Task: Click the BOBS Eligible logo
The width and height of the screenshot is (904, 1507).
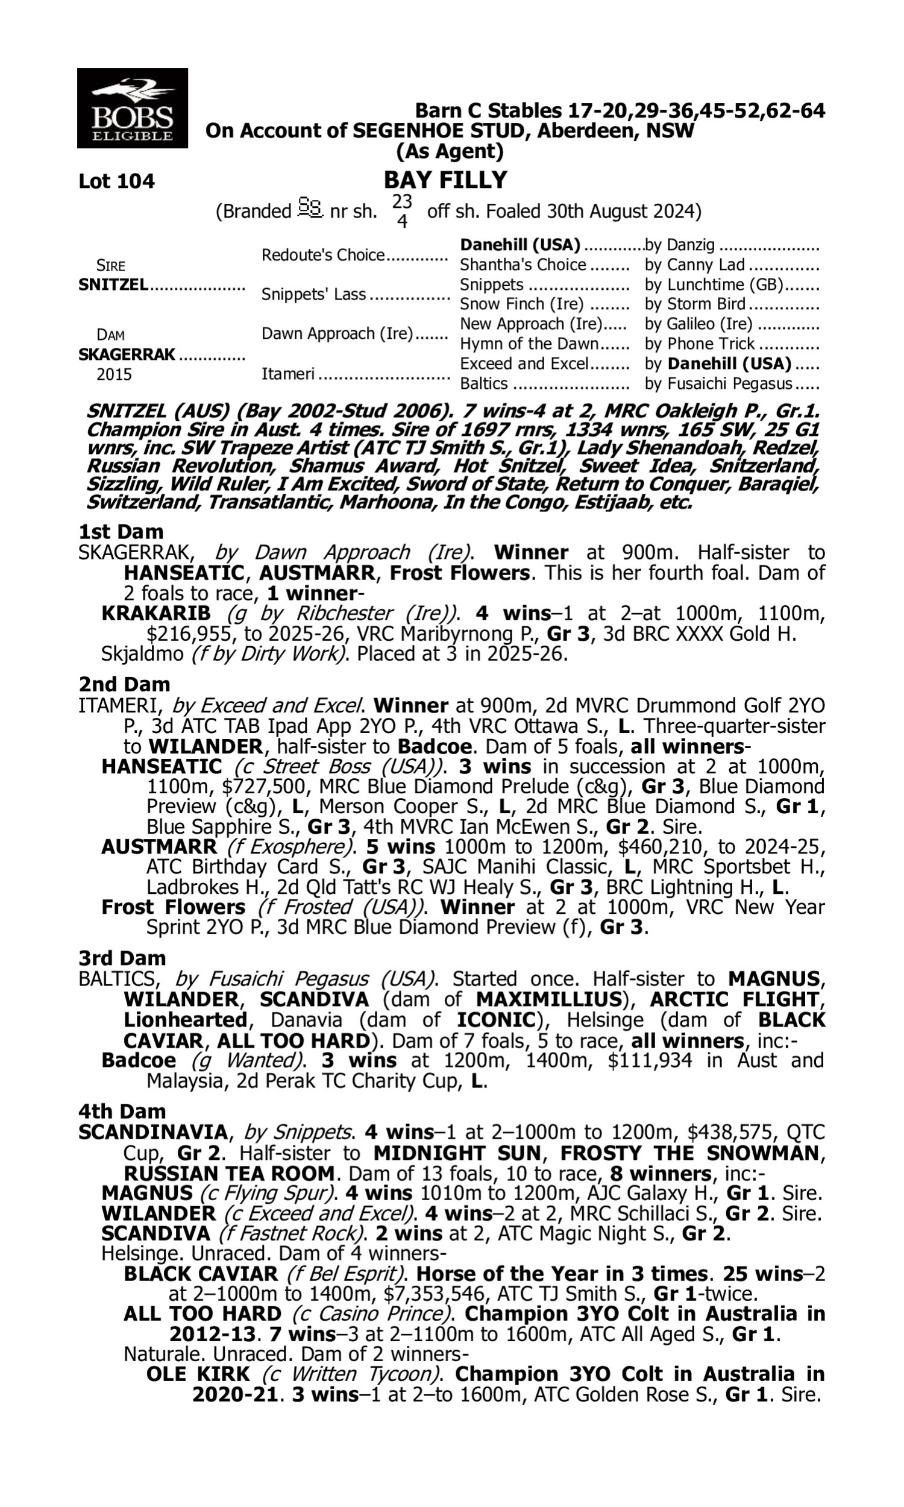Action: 132,109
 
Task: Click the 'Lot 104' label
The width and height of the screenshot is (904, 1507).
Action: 116,181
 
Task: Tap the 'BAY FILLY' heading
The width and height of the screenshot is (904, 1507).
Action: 445,180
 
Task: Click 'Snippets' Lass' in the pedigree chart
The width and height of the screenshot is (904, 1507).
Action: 314,294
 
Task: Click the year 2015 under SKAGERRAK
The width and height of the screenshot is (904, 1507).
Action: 114,374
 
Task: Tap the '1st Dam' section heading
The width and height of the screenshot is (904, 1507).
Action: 121,532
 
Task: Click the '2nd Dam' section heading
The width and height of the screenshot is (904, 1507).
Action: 124,684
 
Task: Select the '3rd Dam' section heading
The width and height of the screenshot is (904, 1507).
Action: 122,958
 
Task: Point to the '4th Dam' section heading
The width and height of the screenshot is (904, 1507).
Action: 122,1112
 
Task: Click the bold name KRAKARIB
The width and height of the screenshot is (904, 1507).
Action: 156,613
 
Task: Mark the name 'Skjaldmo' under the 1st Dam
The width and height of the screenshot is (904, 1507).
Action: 143,654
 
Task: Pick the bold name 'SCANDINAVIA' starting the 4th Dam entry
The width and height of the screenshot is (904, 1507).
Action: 153,1133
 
